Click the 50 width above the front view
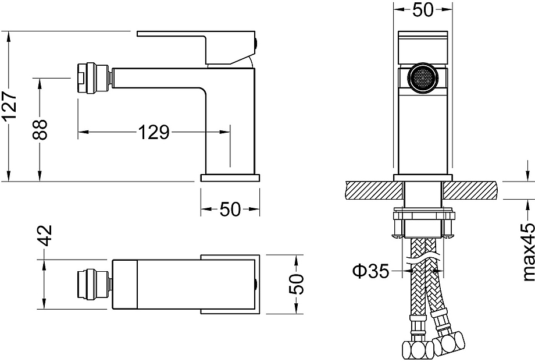(x=423, y=10)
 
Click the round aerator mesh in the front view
(x=423, y=79)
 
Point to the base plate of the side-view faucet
(x=229, y=178)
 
